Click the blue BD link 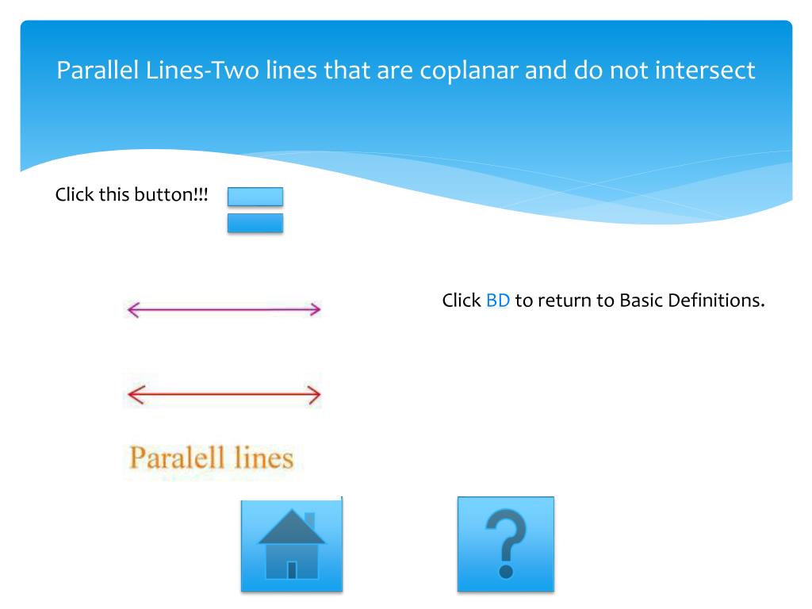click(497, 301)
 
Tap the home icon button click(292, 545)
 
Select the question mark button click(505, 545)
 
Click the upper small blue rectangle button click(255, 197)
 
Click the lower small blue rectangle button click(255, 223)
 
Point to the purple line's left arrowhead click(132, 310)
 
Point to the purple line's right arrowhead click(316, 309)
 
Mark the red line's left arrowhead click(132, 394)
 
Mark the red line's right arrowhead click(316, 394)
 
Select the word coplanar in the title click(469, 71)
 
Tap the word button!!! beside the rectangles click(175, 194)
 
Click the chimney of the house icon click(309, 519)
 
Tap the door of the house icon click(292, 569)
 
